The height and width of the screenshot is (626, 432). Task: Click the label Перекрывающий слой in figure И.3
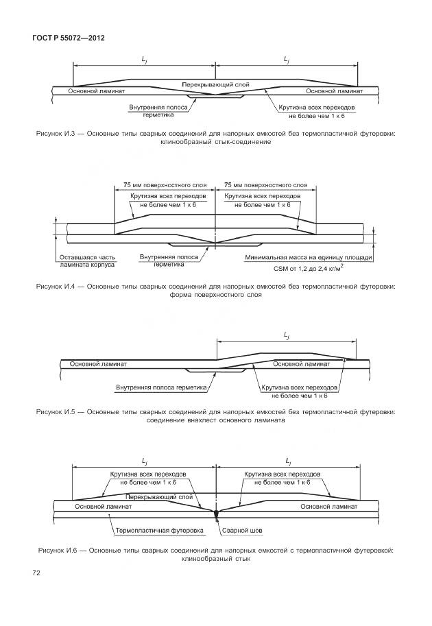pyautogui.click(x=215, y=84)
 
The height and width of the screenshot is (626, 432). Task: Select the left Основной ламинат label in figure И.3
pyautogui.click(x=97, y=91)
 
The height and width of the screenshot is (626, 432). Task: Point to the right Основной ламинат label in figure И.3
pyautogui.click(x=334, y=91)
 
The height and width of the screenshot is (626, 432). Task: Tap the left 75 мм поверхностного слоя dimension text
pyautogui.click(x=165, y=185)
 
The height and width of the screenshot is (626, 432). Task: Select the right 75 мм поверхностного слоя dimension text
pyautogui.click(x=266, y=185)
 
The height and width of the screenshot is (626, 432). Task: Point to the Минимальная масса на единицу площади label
pyautogui.click(x=308, y=257)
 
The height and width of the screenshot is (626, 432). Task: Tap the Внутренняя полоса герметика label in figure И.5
pyautogui.click(x=161, y=387)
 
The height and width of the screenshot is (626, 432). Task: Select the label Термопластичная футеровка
pyautogui.click(x=159, y=530)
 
